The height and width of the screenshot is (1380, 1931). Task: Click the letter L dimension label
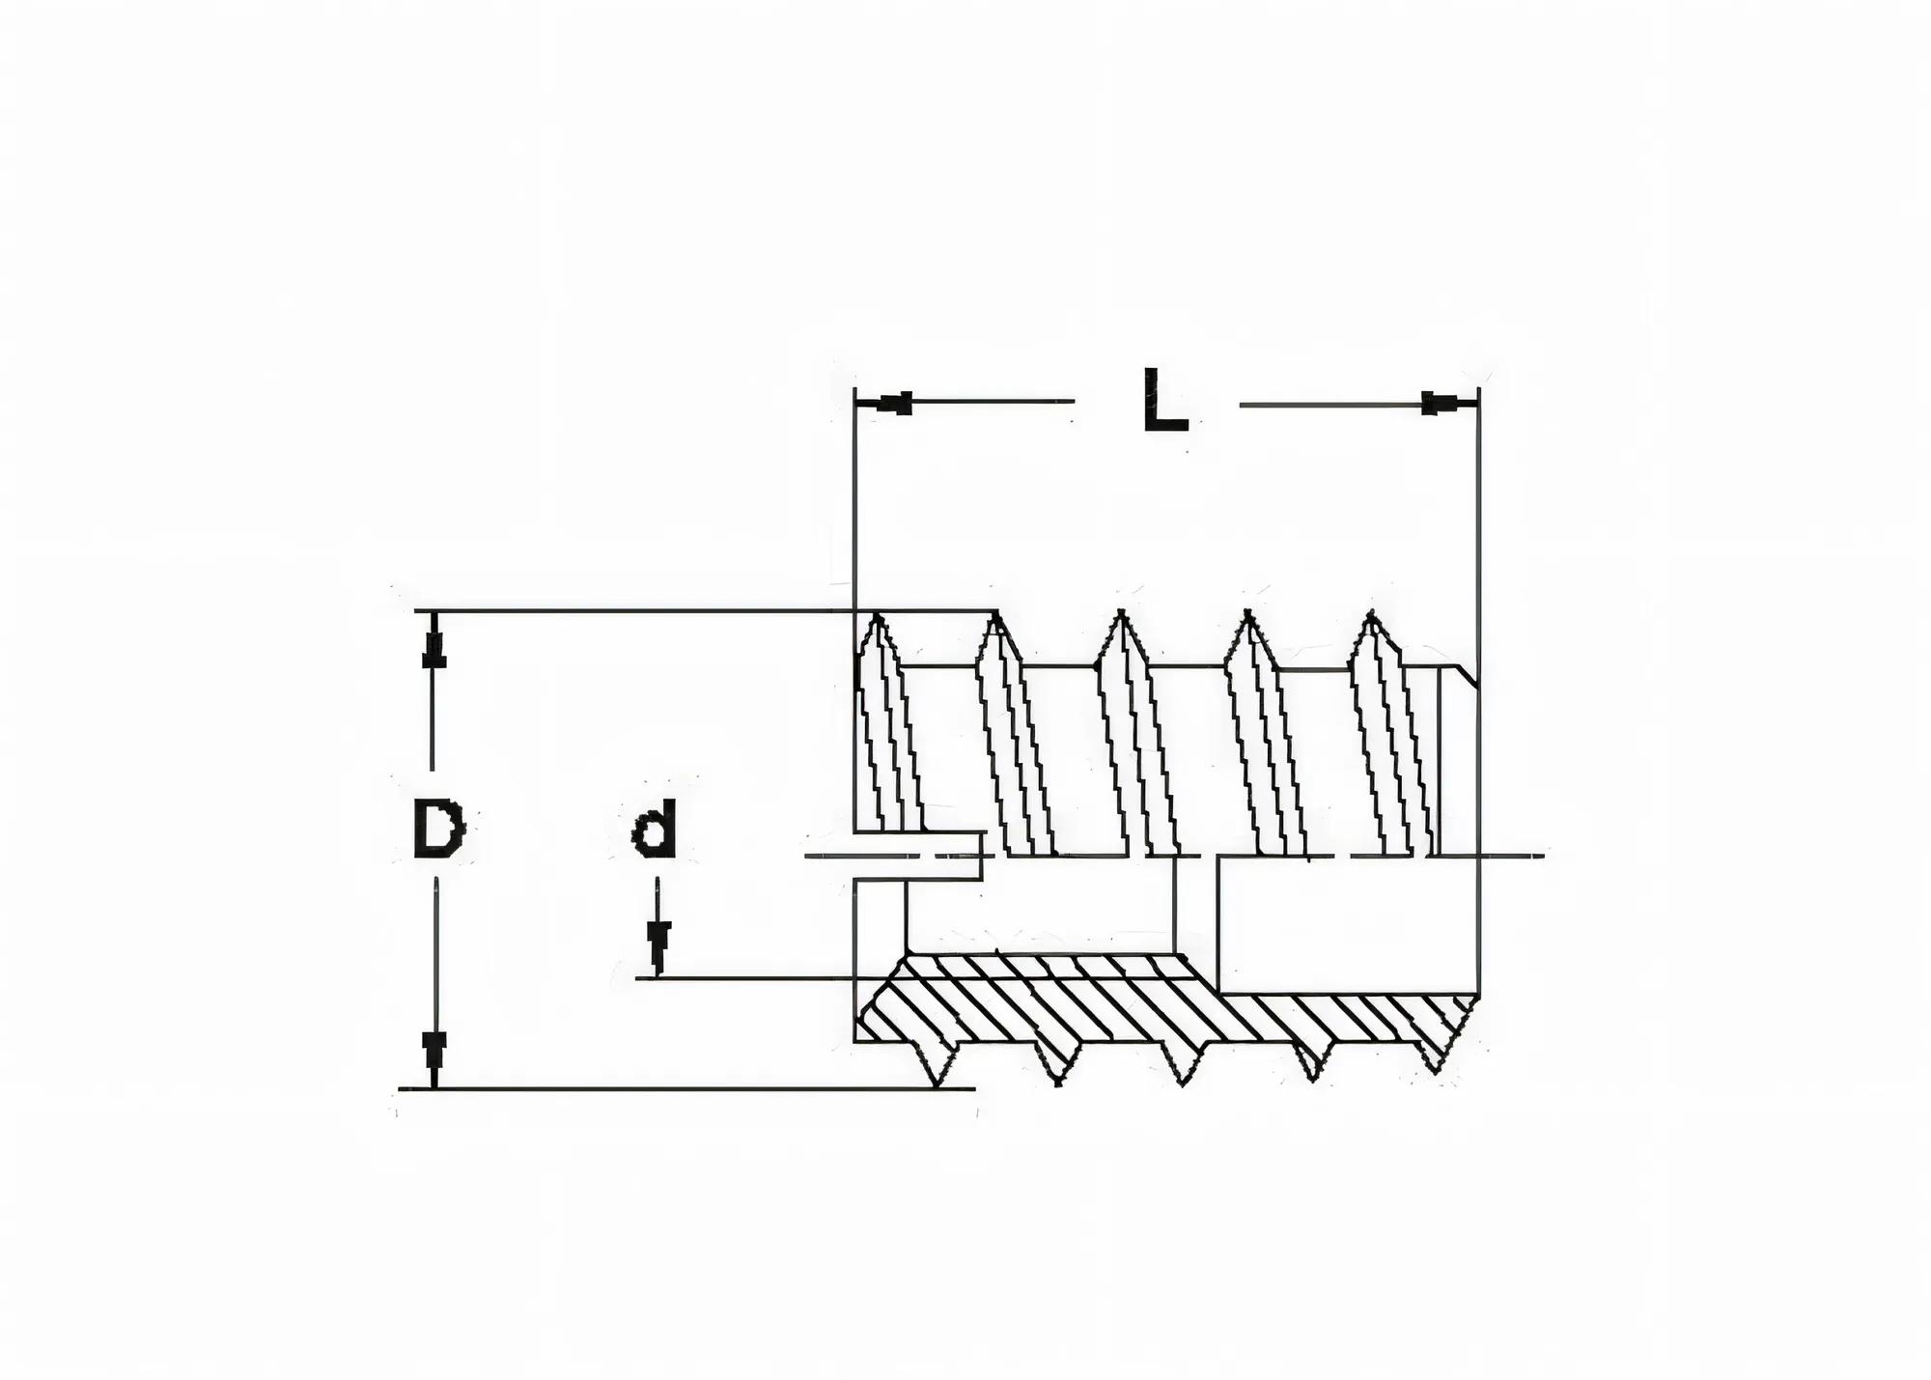pos(1163,399)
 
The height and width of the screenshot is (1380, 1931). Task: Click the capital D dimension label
pos(439,830)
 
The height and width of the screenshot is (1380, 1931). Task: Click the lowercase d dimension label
pos(654,831)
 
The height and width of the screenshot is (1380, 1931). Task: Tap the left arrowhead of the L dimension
pos(896,404)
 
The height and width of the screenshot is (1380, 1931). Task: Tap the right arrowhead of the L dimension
pos(1439,404)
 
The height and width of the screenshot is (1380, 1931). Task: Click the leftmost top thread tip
pos(877,616)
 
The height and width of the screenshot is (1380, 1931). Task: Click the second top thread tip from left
pos(994,616)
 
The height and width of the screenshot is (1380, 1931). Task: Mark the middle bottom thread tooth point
pos(1182,1084)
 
